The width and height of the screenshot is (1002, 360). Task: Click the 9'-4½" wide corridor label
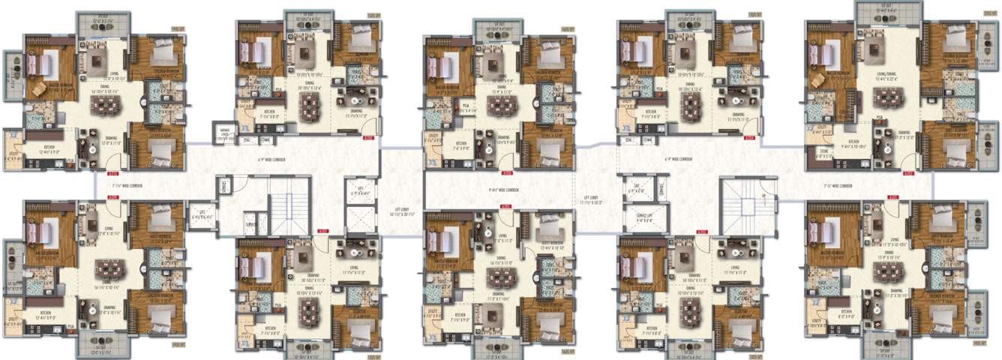point(504,190)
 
